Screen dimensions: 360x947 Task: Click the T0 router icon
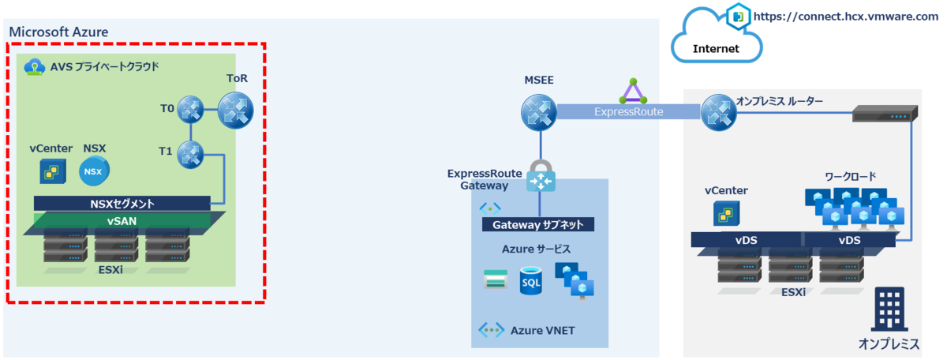190,110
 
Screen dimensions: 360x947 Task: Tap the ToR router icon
235,110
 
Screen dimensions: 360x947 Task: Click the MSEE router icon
539,112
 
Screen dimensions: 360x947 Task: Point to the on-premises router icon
717,112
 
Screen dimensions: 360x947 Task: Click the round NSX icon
95,171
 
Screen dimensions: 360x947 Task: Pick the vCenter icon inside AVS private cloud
52,171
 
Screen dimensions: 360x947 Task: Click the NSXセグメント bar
122,204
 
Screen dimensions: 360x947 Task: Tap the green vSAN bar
122,221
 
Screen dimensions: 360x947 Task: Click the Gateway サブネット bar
538,225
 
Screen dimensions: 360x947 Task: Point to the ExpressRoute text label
628,113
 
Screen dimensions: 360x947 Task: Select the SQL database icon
531,280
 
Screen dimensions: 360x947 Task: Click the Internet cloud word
716,49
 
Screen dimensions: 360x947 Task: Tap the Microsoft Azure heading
58,32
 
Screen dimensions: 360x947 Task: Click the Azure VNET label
542,330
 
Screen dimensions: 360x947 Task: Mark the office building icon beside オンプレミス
889,309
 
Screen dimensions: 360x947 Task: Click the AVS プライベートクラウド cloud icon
34,67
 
